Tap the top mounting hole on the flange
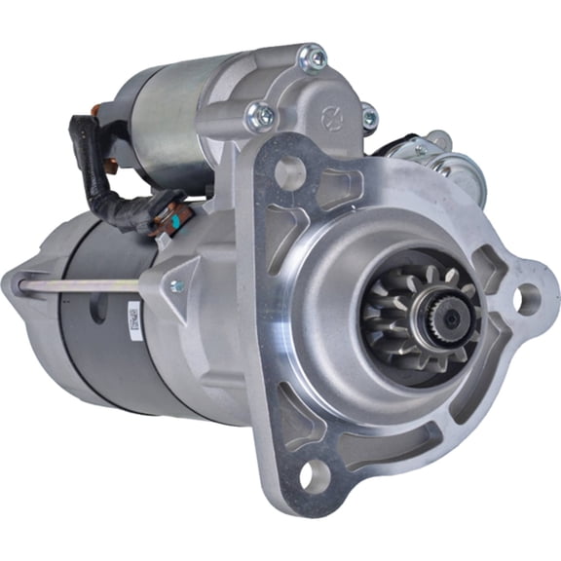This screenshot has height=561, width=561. [x=290, y=172]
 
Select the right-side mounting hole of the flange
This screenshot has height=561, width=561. [x=527, y=299]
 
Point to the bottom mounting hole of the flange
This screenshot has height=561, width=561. [x=315, y=474]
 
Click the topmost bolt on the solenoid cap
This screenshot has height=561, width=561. [x=314, y=58]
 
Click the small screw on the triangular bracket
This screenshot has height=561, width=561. [x=176, y=285]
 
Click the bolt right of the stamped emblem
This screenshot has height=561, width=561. [x=367, y=117]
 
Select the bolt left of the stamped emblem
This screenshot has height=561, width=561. [x=260, y=117]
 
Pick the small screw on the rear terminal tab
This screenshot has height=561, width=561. [x=420, y=151]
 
